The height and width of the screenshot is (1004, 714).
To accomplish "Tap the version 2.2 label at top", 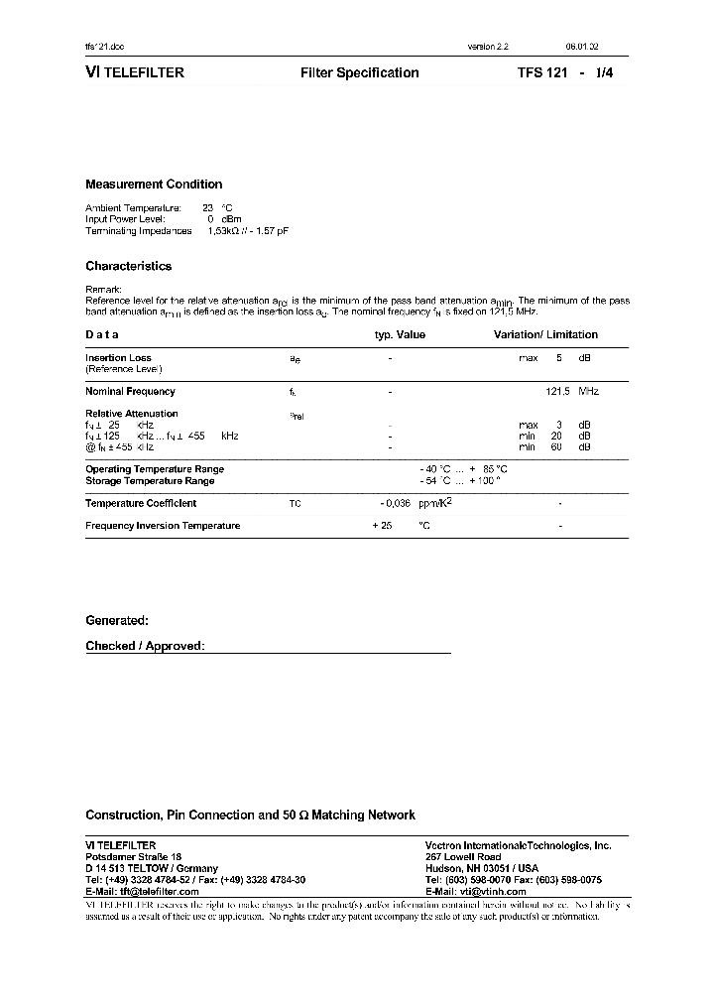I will tap(488, 47).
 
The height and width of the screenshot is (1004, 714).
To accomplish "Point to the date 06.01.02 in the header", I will tap(582, 47).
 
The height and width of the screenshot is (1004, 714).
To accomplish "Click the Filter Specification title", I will tap(359, 73).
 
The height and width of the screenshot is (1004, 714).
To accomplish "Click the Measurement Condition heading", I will tap(154, 185).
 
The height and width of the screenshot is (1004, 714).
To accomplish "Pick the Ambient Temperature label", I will tap(133, 208).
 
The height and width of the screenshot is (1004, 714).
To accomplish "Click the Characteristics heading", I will tap(128, 266).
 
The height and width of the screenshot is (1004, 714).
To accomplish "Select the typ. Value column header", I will tap(400, 335).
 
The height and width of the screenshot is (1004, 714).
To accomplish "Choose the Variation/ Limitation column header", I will tap(545, 335).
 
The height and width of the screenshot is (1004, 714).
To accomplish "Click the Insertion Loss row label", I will tap(118, 358).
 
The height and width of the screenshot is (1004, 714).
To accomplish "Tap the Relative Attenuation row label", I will tap(131, 414).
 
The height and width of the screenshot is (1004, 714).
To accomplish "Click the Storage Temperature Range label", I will tap(150, 481).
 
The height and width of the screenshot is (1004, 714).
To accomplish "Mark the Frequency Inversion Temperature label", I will tap(163, 526).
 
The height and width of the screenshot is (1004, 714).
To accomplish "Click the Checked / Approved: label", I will tap(145, 646).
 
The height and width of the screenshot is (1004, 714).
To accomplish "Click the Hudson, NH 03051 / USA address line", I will tap(482, 868).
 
